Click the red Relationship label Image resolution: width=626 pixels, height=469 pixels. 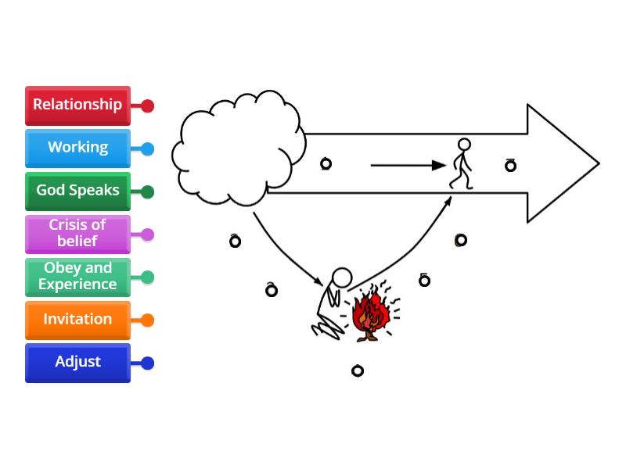pyautogui.click(x=77, y=106)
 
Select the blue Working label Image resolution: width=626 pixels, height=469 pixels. pyautogui.click(x=77, y=149)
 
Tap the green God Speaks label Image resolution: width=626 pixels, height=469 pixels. pyautogui.click(x=77, y=192)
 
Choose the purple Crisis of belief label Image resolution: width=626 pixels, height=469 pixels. pyautogui.click(x=77, y=234)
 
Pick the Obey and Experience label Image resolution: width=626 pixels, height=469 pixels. pyautogui.click(x=77, y=277)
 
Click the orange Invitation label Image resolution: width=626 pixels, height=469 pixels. pyautogui.click(x=77, y=320)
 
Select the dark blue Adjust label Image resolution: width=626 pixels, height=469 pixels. pyautogui.click(x=77, y=363)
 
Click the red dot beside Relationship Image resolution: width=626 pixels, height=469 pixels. pyautogui.click(x=147, y=106)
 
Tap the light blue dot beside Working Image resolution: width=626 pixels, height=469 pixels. pyautogui.click(x=147, y=149)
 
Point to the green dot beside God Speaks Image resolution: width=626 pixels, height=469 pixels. pyautogui.click(x=147, y=192)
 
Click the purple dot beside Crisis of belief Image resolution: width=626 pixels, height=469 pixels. pyautogui.click(x=147, y=234)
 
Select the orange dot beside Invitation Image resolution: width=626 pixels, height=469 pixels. pyautogui.click(x=147, y=320)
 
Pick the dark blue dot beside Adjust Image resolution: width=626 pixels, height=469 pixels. pyautogui.click(x=147, y=363)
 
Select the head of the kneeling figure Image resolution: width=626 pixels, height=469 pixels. pyautogui.click(x=342, y=277)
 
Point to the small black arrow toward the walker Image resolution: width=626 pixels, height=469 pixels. pyautogui.click(x=407, y=165)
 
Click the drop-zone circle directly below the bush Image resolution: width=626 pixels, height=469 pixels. pyautogui.click(x=358, y=371)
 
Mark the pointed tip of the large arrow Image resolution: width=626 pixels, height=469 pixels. pyautogui.click(x=597, y=164)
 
